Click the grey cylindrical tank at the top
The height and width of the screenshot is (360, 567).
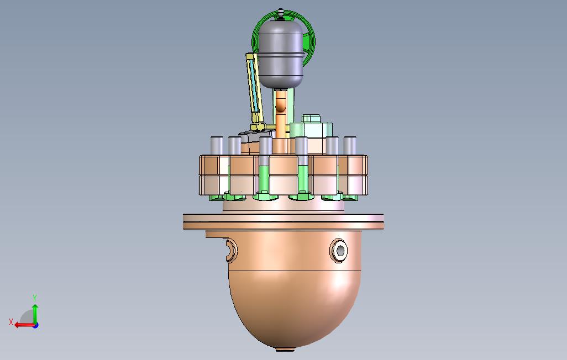pos(281,54)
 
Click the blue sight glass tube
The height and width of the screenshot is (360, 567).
pos(253,85)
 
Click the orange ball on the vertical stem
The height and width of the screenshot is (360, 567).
pos(281,107)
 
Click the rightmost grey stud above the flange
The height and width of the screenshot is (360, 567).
pos(350,146)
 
